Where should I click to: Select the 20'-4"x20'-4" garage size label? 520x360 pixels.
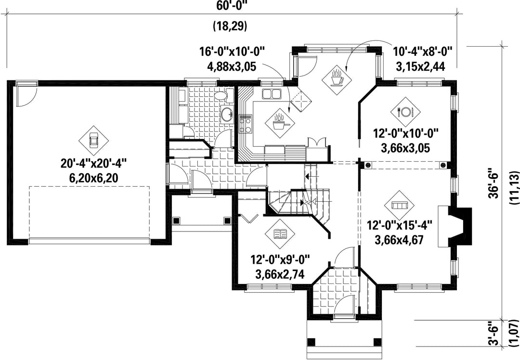pos(93,164)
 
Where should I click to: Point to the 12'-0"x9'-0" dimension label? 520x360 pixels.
pos(280,260)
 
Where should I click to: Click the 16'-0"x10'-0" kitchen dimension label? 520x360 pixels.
pos(232,52)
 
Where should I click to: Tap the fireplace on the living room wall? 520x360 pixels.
pos(455,226)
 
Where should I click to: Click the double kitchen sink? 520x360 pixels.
pos(272,94)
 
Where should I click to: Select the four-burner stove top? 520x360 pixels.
pos(246,124)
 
